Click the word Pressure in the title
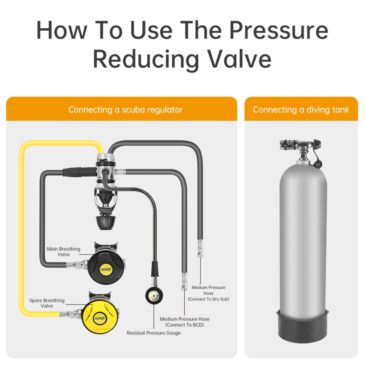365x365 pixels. click(x=279, y=31)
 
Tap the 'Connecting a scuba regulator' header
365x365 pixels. click(x=125, y=109)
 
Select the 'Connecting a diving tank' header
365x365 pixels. click(x=301, y=109)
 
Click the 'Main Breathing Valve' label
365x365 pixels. click(x=63, y=252)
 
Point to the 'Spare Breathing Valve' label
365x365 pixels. click(x=47, y=303)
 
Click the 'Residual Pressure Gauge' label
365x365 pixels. click(x=154, y=333)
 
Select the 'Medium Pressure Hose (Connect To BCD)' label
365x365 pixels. click(x=184, y=322)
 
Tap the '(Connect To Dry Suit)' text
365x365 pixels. click(x=209, y=299)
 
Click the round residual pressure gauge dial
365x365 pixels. click(x=154, y=295)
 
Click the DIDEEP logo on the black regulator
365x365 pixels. click(x=106, y=270)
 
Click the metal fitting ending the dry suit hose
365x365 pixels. click(x=200, y=248)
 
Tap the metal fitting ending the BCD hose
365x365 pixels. click(x=184, y=281)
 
